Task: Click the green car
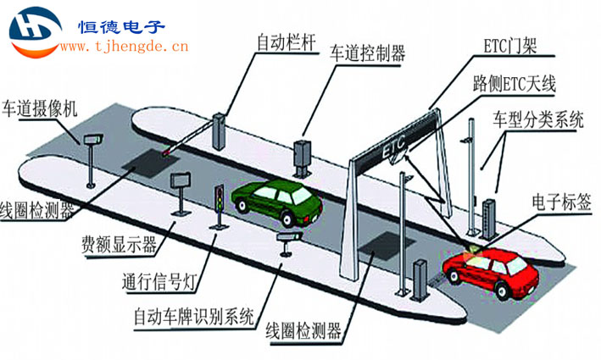[x=276, y=201]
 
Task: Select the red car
[x=491, y=271]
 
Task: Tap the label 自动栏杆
[x=287, y=42]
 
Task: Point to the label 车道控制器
[x=367, y=53]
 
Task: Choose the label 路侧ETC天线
[x=514, y=83]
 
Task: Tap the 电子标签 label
[x=561, y=202]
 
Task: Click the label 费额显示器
[x=120, y=244]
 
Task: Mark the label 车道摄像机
[x=40, y=108]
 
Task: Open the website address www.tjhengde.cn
[x=125, y=47]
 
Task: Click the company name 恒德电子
[x=121, y=27]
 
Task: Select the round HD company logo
[x=36, y=32]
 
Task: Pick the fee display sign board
[x=181, y=180]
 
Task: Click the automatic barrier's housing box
[x=220, y=131]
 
